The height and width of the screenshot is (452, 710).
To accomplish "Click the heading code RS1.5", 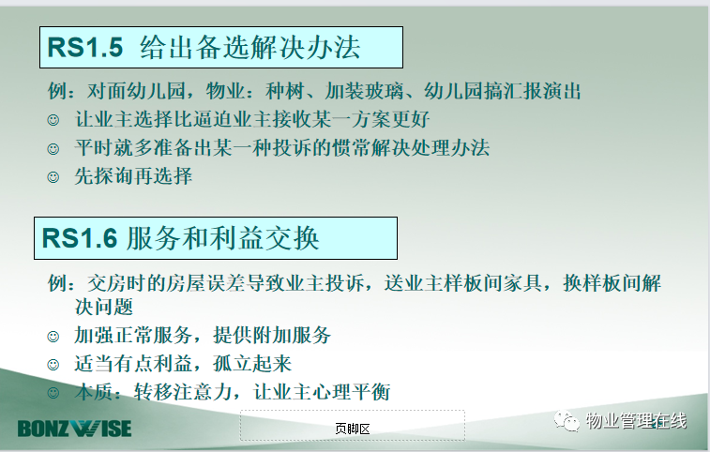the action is [x=85, y=47].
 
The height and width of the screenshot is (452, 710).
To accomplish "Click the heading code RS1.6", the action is [x=80, y=238].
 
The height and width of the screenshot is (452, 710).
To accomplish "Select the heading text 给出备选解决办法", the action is [x=249, y=47].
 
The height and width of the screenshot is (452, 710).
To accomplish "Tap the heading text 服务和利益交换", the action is [x=223, y=238].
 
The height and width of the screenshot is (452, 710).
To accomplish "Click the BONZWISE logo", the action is [x=75, y=429].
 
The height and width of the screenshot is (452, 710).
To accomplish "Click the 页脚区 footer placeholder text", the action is [x=353, y=429].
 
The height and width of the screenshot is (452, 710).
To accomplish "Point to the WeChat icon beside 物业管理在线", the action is [x=566, y=421].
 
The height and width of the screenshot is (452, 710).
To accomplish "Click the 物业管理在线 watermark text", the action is [x=636, y=421].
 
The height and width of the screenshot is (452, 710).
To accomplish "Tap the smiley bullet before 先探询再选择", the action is [x=53, y=177].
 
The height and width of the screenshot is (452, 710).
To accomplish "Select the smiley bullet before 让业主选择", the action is [x=53, y=120].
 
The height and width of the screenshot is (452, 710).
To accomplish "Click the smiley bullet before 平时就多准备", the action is [x=53, y=148].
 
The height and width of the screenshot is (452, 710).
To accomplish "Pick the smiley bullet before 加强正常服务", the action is [x=53, y=337].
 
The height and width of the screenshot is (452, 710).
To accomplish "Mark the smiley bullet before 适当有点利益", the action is [x=53, y=365].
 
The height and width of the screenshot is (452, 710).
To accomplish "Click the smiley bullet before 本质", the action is [x=53, y=393].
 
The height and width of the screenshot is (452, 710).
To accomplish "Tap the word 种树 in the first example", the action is [x=285, y=91].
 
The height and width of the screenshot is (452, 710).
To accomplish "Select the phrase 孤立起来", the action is [x=252, y=364].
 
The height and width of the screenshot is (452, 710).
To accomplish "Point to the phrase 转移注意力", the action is [x=183, y=392].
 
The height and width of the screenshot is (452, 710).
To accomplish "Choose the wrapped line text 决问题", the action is [x=104, y=307].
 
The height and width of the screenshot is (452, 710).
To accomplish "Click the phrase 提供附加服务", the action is [x=272, y=336].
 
